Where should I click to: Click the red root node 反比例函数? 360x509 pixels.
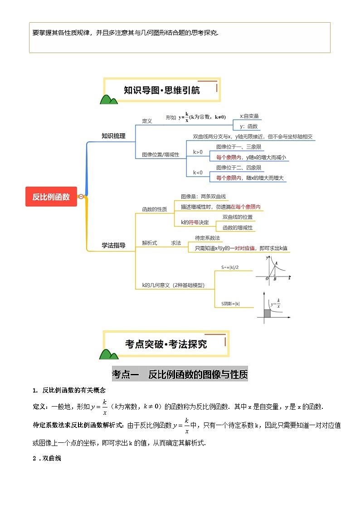tap(51, 197)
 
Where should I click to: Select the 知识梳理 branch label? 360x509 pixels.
tap(113, 136)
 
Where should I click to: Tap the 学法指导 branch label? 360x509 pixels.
tap(113, 245)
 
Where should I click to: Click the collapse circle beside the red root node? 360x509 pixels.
tap(81, 197)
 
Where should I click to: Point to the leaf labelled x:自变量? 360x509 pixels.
tap(249, 116)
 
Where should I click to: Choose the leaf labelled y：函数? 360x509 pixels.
tap(248, 126)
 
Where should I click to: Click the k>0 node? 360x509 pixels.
tap(198, 152)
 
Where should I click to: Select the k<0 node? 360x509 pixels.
tap(198, 173)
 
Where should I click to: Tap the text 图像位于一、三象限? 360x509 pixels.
tap(239, 147)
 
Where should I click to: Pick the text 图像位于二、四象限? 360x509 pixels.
tap(239, 168)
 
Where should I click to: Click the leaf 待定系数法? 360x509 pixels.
tap(207, 238)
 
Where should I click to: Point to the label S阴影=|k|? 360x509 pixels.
tap(230, 304)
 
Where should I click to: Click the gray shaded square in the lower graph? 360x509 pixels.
tap(267, 313)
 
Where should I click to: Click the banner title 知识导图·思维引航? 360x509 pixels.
tap(162, 90)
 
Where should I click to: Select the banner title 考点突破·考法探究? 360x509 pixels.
tap(166, 344)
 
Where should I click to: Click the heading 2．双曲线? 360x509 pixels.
tap(47, 458)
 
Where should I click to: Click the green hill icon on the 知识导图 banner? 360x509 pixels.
tap(109, 100)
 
